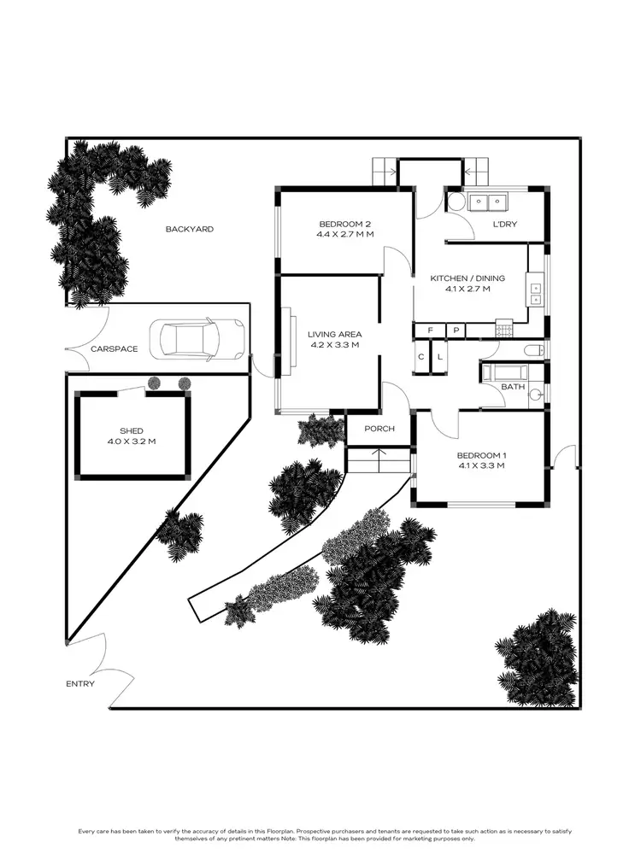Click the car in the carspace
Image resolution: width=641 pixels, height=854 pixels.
point(197,339)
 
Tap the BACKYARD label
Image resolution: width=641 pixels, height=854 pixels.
point(190,229)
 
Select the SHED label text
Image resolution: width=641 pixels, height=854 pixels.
point(132,430)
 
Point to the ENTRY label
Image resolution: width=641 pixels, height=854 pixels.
point(80,683)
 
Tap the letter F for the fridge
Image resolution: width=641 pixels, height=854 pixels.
point(431,330)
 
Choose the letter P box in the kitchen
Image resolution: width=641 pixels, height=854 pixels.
point(456,330)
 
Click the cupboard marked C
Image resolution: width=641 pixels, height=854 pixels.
point(421,357)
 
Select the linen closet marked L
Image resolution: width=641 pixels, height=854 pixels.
point(440,357)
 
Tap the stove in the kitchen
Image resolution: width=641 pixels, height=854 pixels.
point(504,329)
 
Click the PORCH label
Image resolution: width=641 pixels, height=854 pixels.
point(379,429)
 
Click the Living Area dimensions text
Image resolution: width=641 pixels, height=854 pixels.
point(334,345)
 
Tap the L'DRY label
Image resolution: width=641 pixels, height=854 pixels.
point(505,225)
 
